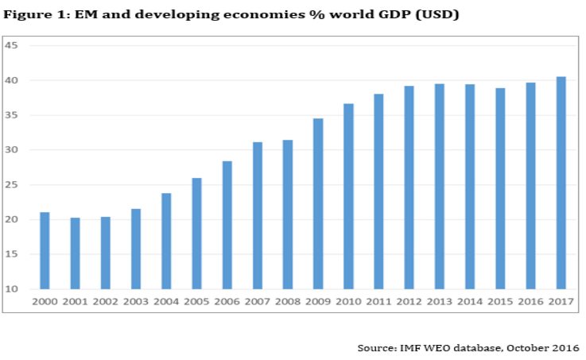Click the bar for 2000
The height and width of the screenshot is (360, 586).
point(45,250)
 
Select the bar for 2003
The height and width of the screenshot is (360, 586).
point(136,249)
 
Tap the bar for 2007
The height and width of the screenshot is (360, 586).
point(258,215)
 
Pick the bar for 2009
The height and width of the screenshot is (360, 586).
point(318,203)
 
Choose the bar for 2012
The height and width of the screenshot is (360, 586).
point(409,188)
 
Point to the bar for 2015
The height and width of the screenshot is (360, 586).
point(501,188)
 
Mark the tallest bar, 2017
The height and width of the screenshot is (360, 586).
point(561,183)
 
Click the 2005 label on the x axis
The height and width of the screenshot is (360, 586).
point(196,302)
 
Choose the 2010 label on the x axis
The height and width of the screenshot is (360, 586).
point(348,302)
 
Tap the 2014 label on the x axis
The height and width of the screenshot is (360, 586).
point(470,302)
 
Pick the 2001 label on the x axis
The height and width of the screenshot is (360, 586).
point(75,302)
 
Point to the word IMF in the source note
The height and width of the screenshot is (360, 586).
point(413,348)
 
